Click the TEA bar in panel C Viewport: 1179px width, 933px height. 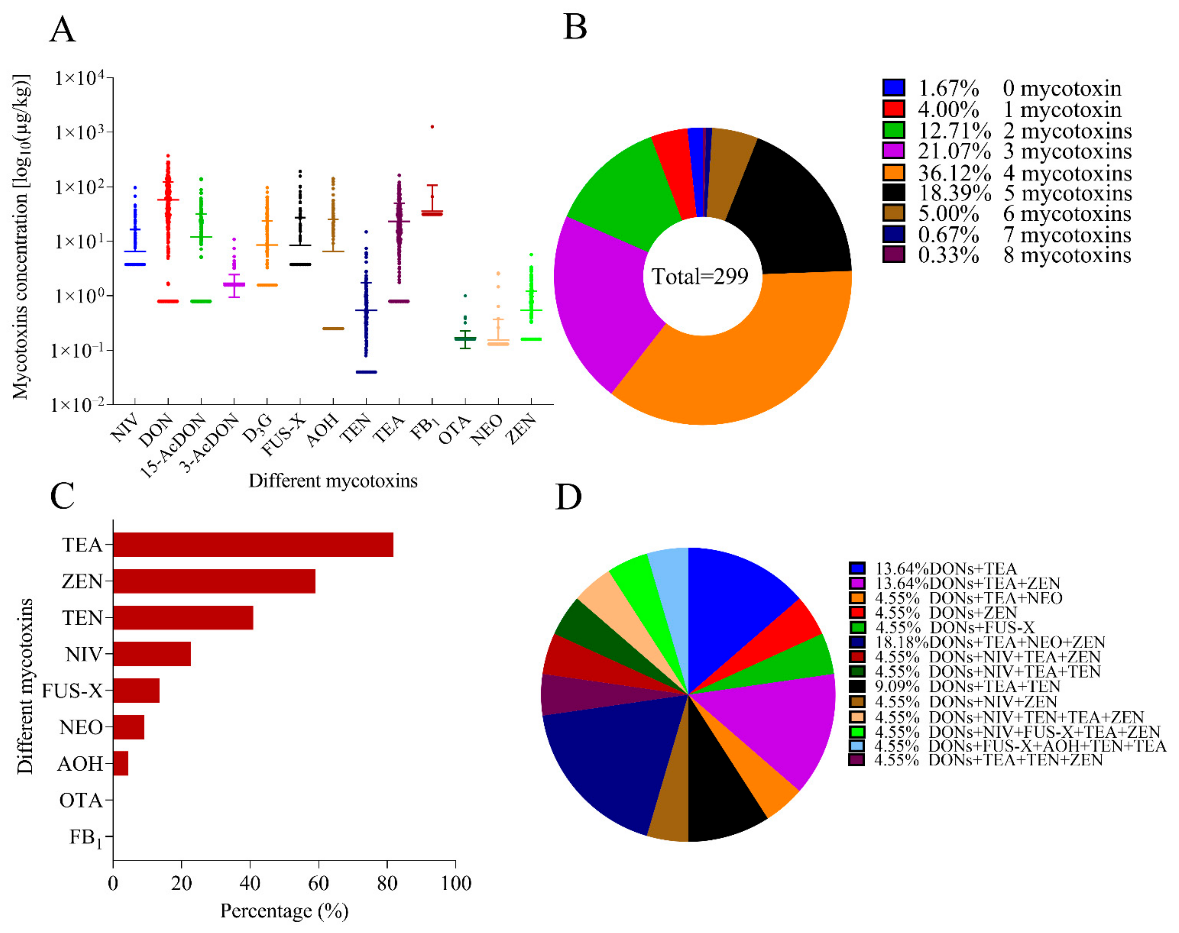click(252, 545)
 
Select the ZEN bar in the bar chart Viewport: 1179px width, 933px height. click(214, 581)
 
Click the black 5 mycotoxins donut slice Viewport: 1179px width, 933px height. click(793, 207)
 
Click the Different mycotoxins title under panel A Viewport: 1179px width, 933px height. click(333, 481)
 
